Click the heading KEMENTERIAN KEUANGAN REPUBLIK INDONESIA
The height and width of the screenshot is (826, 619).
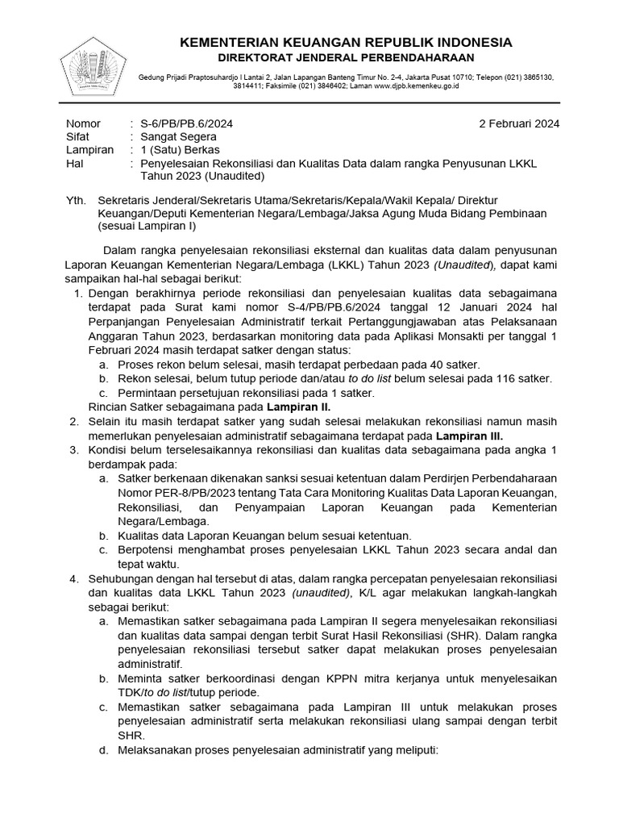pos(345,42)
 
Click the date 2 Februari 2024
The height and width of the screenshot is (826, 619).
pos(519,123)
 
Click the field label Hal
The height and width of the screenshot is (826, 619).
pos(73,163)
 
